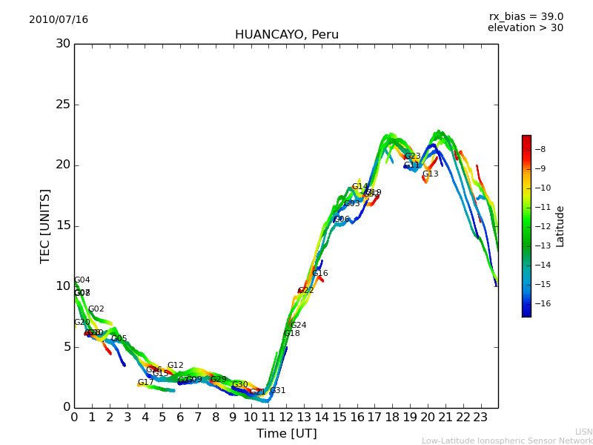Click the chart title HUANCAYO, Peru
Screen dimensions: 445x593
[x=286, y=35]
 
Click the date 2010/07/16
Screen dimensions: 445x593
[x=59, y=20]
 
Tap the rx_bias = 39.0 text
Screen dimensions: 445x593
[x=526, y=17]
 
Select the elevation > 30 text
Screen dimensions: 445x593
[x=525, y=28]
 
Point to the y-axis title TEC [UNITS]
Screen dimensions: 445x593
[x=46, y=225]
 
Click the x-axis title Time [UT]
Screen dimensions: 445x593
[x=286, y=434]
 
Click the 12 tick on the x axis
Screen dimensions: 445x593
[x=286, y=418]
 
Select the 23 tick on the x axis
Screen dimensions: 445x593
[x=480, y=418]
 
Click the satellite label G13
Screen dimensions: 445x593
[x=431, y=174]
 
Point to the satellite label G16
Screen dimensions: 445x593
[x=320, y=274]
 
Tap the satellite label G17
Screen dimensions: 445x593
[x=146, y=383]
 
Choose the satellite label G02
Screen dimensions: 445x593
[x=96, y=309]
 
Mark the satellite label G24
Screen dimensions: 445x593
[x=299, y=326]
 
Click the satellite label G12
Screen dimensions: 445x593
[x=176, y=366]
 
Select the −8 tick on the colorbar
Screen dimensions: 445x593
[x=540, y=149]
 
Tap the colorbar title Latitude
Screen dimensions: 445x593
[x=560, y=226]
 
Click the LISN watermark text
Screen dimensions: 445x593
[x=583, y=432]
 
